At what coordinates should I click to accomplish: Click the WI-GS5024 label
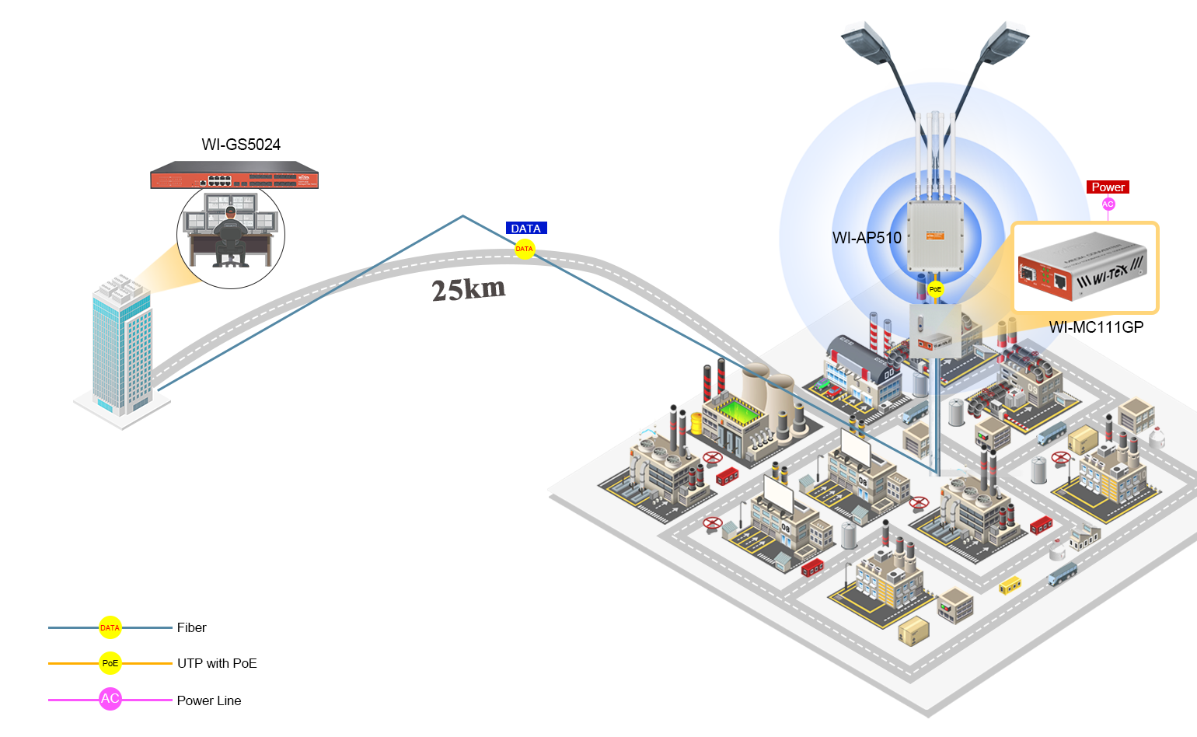click(x=241, y=145)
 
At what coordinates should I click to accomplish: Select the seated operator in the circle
click(x=230, y=236)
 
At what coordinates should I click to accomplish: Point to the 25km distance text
click(x=469, y=289)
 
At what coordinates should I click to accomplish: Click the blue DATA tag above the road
click(x=526, y=229)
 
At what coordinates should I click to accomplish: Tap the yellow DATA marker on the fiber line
click(x=525, y=249)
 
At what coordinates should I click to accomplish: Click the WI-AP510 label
click(x=867, y=238)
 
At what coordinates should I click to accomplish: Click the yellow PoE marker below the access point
click(x=935, y=289)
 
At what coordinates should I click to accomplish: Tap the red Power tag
click(x=1108, y=187)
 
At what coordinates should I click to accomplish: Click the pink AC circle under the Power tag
click(x=1108, y=204)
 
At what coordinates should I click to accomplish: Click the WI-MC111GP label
click(x=1096, y=327)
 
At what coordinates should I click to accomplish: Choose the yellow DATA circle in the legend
click(x=110, y=627)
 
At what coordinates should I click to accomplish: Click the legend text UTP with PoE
click(x=217, y=663)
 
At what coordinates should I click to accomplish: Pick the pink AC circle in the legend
click(x=110, y=699)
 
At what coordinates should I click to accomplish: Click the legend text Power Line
click(x=209, y=700)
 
